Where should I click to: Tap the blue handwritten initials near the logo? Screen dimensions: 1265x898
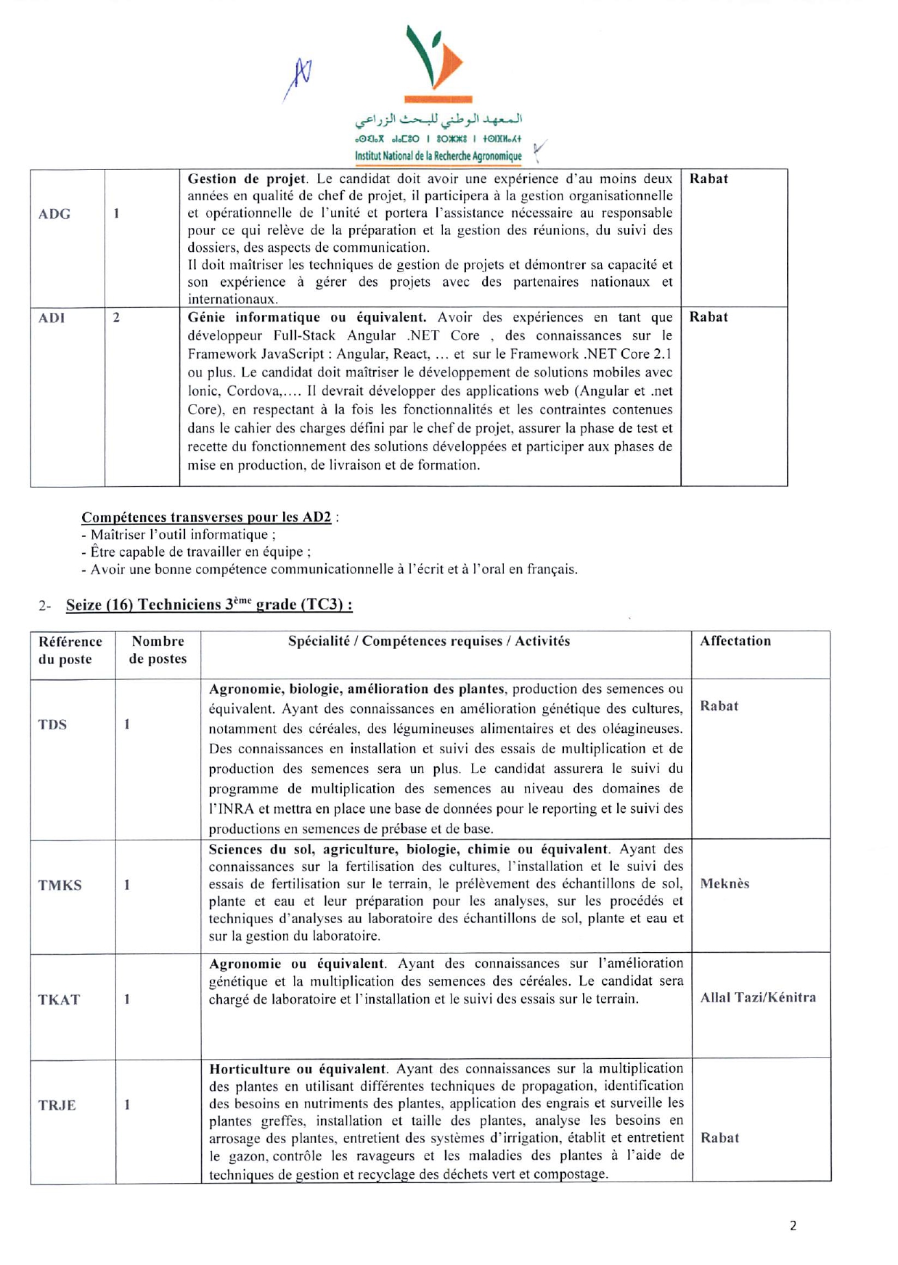coord(298,78)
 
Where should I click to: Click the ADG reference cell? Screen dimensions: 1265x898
coord(54,214)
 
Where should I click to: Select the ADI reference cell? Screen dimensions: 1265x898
coord(52,318)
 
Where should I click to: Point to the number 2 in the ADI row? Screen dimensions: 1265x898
coord(116,318)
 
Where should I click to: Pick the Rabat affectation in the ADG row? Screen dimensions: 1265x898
coord(709,179)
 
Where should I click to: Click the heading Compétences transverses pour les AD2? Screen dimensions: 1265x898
coord(206,517)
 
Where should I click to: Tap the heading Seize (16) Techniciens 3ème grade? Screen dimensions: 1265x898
coord(209,605)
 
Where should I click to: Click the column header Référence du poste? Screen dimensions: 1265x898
coord(70,650)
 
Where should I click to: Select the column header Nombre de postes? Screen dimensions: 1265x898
coord(158,650)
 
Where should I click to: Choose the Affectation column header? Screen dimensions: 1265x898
coord(735,642)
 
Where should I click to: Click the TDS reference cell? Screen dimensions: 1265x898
coord(52,725)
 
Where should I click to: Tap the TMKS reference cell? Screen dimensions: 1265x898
coord(60,885)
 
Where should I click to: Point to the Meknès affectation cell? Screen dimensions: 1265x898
coord(724,884)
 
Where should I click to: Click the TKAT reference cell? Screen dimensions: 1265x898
coord(59,1000)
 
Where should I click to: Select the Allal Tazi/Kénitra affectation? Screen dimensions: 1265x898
coord(758,998)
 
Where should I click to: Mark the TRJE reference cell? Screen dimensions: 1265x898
coord(57,1106)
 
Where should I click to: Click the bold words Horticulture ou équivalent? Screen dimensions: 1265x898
coord(298,1069)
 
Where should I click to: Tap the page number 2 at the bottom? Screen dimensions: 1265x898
coord(793,1226)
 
